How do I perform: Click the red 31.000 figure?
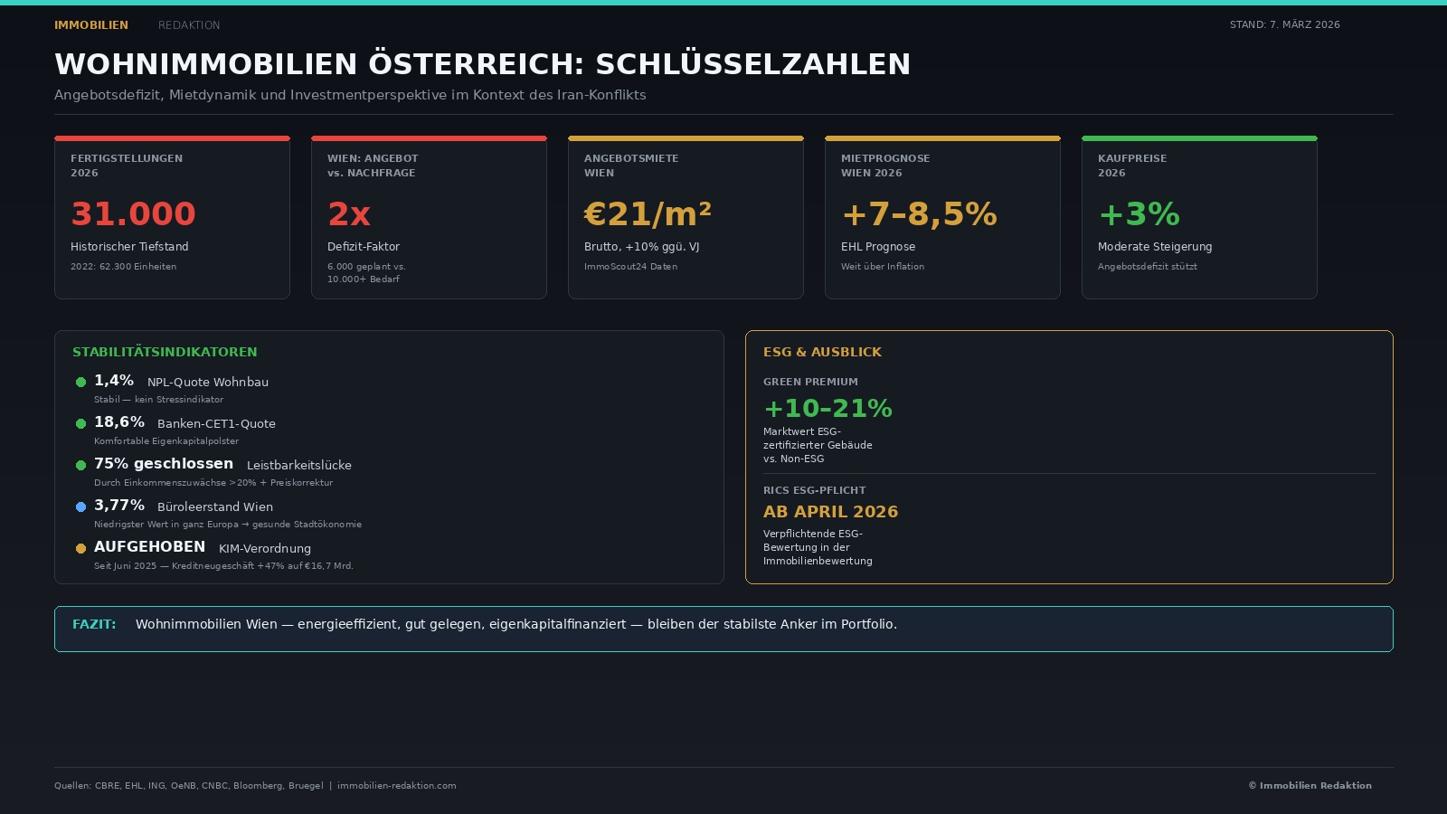tap(133, 214)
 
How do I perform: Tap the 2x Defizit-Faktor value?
tap(349, 214)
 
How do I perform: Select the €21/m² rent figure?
tap(648, 214)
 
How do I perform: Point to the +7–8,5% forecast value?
tap(919, 214)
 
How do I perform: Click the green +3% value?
tap(1139, 214)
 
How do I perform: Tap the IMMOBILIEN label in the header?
tap(91, 25)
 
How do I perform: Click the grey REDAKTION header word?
tap(189, 25)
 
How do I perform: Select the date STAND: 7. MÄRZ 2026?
tap(1284, 24)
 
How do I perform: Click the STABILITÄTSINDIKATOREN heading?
tap(165, 352)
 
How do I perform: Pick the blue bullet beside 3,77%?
tap(80, 506)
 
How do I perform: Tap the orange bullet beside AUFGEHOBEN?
tap(80, 548)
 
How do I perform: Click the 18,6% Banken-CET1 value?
tap(119, 422)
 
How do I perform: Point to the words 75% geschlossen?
tap(164, 464)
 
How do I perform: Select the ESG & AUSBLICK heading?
tap(822, 352)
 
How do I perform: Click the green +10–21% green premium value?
tap(828, 409)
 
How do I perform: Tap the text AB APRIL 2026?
tap(830, 512)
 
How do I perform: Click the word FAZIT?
tap(94, 624)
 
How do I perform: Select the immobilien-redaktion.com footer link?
tap(396, 786)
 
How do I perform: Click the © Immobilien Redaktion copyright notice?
tap(1310, 786)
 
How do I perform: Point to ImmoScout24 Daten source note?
tap(630, 267)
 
